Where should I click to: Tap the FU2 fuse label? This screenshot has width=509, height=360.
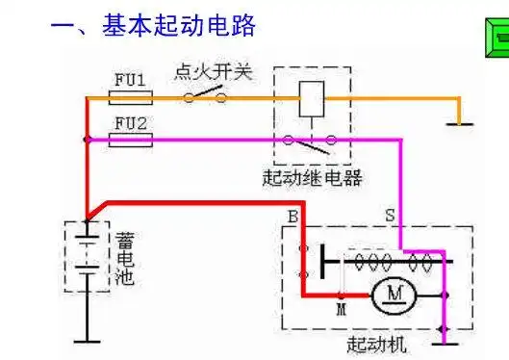[x=132, y=123]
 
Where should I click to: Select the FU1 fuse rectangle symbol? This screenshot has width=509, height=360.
[x=132, y=97]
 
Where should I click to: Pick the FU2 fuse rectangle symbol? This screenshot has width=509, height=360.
[x=132, y=140]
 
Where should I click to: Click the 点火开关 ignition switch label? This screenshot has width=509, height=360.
[x=213, y=72]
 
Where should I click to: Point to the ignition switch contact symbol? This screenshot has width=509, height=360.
[x=206, y=95]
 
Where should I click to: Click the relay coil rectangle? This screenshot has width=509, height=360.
[x=311, y=96]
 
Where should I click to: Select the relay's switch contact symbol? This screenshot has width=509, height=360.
[x=309, y=142]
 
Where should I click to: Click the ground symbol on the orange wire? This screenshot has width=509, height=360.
[x=461, y=122]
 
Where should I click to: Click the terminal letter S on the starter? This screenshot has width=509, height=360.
[x=391, y=215]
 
